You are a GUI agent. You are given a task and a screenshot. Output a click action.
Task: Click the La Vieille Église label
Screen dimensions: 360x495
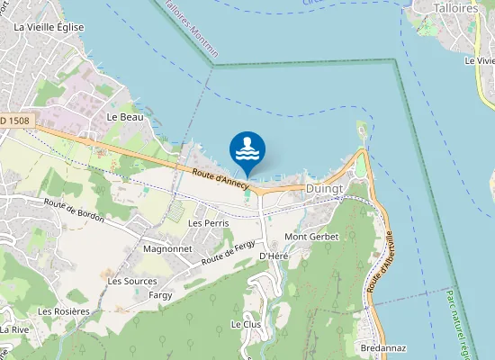49,27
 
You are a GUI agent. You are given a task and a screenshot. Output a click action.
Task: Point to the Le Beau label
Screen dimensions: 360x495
125,117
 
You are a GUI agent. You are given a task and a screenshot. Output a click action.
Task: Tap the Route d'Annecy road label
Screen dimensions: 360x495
219,175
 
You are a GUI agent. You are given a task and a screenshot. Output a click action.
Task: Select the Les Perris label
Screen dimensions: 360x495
208,222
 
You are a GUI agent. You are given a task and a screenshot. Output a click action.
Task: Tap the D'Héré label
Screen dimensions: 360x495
273,256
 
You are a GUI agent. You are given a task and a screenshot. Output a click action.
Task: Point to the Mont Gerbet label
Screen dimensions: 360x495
309,237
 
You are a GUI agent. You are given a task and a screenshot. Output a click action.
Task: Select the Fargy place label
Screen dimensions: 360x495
160,295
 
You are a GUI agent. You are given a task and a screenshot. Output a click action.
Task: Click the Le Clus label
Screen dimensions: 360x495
245,324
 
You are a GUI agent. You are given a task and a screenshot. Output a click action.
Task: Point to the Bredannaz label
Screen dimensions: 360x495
382,347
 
